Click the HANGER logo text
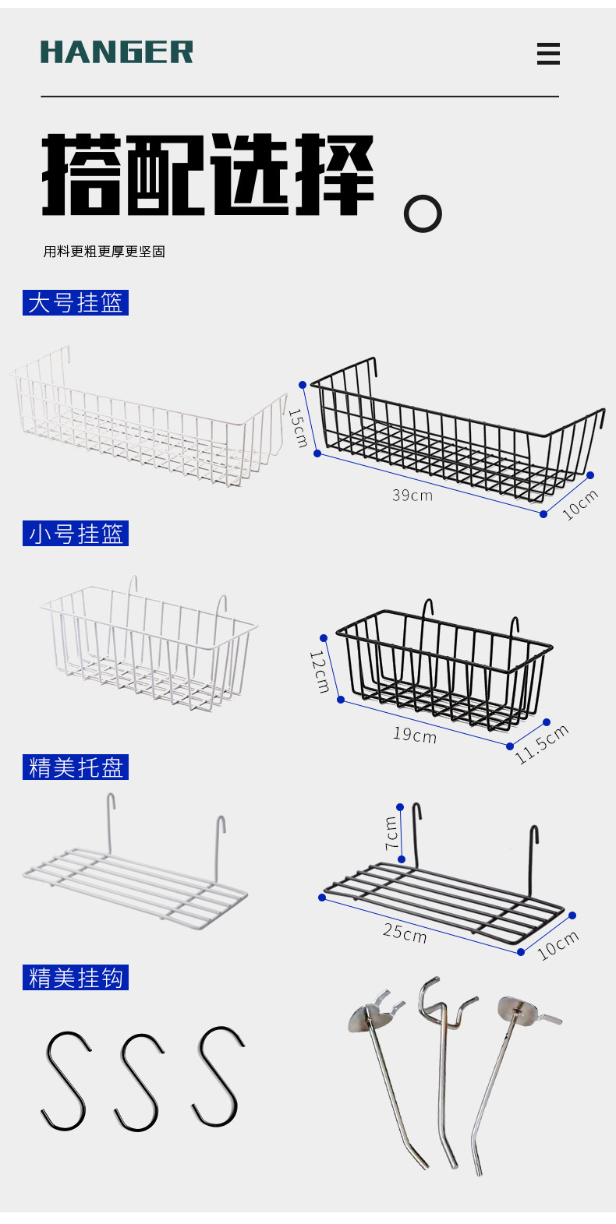coord(116,52)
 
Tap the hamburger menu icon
coord(548,54)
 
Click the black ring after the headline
coord(423,214)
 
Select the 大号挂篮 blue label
coord(75,302)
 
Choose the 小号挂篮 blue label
coord(76,534)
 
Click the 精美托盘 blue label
coord(75,767)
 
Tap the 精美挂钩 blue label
coord(75,977)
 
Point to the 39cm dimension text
coord(412,495)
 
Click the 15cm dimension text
coord(298,428)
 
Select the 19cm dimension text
coord(414,734)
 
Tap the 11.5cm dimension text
coord(542,744)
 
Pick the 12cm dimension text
coord(319,672)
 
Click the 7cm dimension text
coord(391,833)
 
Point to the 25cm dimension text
coord(405,932)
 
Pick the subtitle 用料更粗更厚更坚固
coord(104,252)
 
